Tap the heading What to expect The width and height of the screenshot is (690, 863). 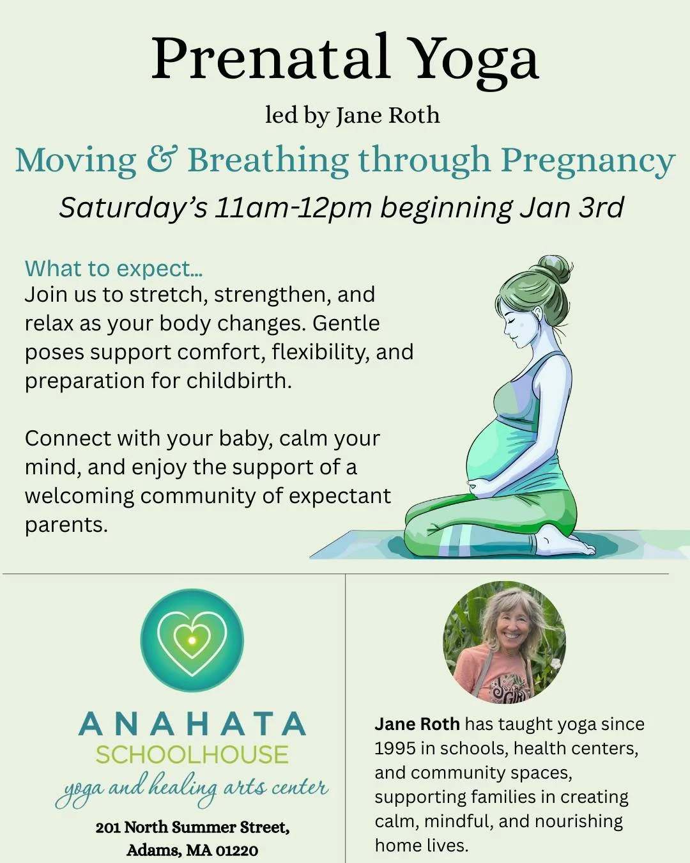[x=113, y=268]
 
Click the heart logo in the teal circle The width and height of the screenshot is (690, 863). [x=192, y=640]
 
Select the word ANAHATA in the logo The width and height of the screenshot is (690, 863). [x=192, y=724]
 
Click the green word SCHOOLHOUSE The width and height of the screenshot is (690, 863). [x=192, y=755]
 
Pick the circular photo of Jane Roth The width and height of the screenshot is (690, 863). [x=504, y=642]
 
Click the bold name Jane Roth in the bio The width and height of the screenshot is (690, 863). [x=417, y=724]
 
